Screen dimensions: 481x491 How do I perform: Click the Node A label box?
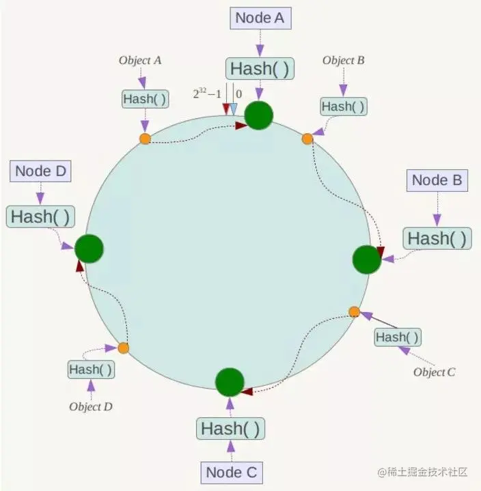pyautogui.click(x=260, y=18)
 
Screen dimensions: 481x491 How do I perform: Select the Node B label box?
pyautogui.click(x=437, y=180)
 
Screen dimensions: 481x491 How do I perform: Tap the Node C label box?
pyautogui.click(x=232, y=473)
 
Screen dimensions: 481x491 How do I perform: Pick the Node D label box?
pyautogui.click(x=40, y=171)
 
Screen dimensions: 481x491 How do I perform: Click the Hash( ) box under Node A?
pyautogui.click(x=260, y=68)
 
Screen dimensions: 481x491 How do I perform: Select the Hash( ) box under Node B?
pyautogui.click(x=437, y=238)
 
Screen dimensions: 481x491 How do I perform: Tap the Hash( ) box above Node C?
pyautogui.click(x=230, y=428)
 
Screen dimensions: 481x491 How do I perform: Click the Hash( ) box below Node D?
pyautogui.click(x=40, y=216)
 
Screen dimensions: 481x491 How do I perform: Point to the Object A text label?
pyautogui.click(x=140, y=60)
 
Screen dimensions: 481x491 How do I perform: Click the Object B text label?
pyautogui.click(x=344, y=60)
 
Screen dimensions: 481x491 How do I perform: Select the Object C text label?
pyautogui.click(x=434, y=372)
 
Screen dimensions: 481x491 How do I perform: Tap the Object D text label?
pyautogui.click(x=91, y=406)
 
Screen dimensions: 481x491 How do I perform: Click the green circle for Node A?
pyautogui.click(x=258, y=115)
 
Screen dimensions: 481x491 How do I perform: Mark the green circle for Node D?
pyautogui.click(x=89, y=249)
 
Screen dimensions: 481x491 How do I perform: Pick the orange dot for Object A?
pyautogui.click(x=145, y=139)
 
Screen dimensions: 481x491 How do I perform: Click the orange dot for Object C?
pyautogui.click(x=355, y=312)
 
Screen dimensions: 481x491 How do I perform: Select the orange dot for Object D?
pyautogui.click(x=124, y=348)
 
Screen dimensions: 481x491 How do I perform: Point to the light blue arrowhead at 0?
pyautogui.click(x=234, y=109)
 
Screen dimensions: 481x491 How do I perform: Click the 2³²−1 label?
pyautogui.click(x=207, y=94)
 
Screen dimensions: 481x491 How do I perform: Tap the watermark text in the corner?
pyautogui.click(x=423, y=472)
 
